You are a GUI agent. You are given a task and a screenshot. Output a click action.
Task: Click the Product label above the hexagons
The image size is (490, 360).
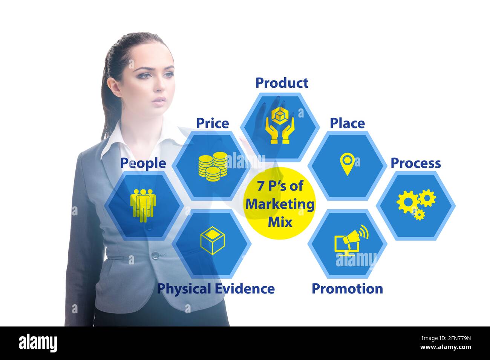click(x=282, y=83)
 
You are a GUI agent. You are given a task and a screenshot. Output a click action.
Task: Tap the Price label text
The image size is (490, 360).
click(x=212, y=124)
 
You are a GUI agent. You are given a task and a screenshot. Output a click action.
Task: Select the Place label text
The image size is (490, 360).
click(x=347, y=124)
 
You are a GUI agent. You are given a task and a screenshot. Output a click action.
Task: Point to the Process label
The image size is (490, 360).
click(x=415, y=163)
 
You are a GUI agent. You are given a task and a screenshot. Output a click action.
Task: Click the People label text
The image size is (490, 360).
click(x=143, y=163)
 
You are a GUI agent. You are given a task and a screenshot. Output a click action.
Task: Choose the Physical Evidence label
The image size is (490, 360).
click(x=216, y=289)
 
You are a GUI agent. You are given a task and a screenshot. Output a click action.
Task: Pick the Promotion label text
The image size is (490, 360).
click(x=347, y=289)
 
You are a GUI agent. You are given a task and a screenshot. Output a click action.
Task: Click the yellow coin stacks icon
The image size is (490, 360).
click(x=213, y=166)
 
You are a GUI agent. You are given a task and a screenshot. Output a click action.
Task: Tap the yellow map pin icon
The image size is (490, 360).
click(x=347, y=164)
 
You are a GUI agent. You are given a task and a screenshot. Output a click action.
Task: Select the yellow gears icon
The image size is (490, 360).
click(x=415, y=204)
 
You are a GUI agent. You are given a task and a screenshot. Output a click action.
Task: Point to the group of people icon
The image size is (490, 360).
click(x=143, y=205)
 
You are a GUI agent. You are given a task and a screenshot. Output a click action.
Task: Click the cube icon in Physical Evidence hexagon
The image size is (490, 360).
click(x=212, y=240)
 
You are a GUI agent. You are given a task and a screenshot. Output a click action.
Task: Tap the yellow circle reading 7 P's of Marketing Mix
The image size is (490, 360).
click(x=280, y=203)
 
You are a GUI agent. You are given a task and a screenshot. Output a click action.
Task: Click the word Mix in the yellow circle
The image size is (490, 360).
click(x=280, y=222)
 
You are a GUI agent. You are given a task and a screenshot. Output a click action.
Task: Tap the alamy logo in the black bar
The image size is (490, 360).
click(x=38, y=343)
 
